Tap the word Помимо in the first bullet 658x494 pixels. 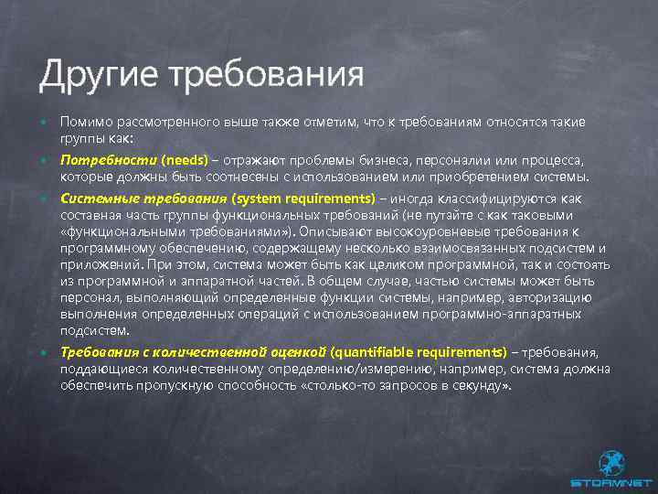[83, 122]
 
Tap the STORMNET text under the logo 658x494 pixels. [610, 482]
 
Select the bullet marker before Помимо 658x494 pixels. [43, 123]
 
